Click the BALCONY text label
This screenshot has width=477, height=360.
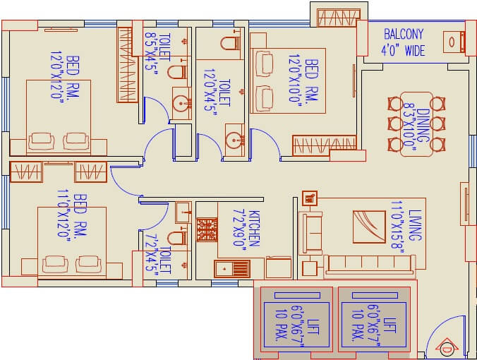(403, 34)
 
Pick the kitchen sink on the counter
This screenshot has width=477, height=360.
(231, 269)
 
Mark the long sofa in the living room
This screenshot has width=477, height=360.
(369, 264)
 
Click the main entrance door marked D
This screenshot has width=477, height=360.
(445, 347)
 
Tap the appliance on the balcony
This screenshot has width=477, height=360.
(452, 42)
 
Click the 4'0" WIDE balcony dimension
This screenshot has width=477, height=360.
(403, 50)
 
